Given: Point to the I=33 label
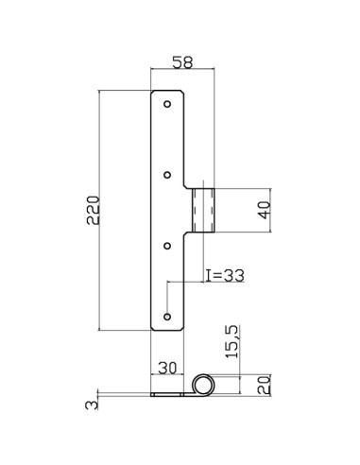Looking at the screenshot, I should pyautogui.click(x=225, y=275).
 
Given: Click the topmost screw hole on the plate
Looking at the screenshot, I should pyautogui.click(x=168, y=103).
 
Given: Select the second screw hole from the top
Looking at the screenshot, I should pyautogui.click(x=168, y=174).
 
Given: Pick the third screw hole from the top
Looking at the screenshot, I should pyautogui.click(x=168, y=245).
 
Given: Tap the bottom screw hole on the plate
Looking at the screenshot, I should pyautogui.click(x=168, y=316).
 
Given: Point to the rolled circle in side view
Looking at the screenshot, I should pyautogui.click(x=204, y=385).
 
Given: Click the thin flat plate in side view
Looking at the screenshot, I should pyautogui.click(x=170, y=392).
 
